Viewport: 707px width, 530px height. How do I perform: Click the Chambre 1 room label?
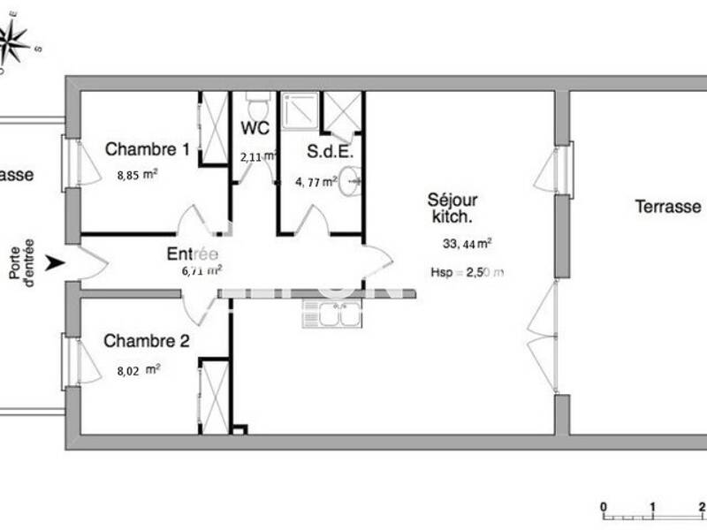pyautogui.click(x=148, y=149)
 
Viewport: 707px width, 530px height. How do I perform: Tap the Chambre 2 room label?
pyautogui.click(x=147, y=340)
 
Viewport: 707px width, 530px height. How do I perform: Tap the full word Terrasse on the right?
pyautogui.click(x=668, y=207)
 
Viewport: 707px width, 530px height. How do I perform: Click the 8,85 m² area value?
pyautogui.click(x=137, y=175)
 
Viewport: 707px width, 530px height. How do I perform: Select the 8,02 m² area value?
pyautogui.click(x=138, y=371)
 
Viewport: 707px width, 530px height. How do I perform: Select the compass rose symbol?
pyautogui.click(x=16, y=39)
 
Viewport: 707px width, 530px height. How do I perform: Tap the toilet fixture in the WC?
pyautogui.click(x=257, y=108)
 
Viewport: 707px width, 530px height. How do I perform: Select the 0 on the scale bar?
pyautogui.click(x=603, y=507)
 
